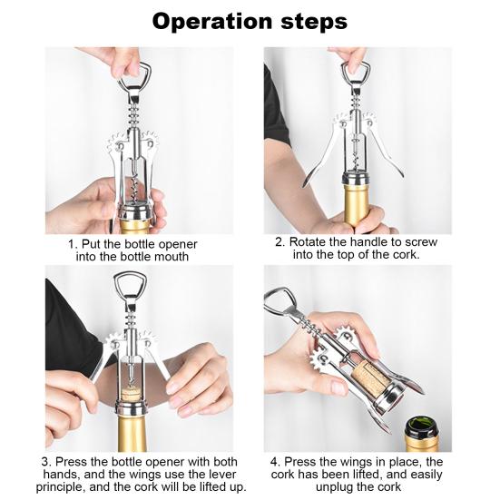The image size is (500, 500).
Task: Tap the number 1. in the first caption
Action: pyautogui.click(x=73, y=244)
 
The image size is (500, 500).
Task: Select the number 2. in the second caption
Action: pyautogui.click(x=280, y=242)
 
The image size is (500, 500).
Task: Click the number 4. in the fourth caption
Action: pyautogui.click(x=275, y=461)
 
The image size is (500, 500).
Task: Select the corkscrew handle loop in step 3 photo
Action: pyautogui.click(x=127, y=289)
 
